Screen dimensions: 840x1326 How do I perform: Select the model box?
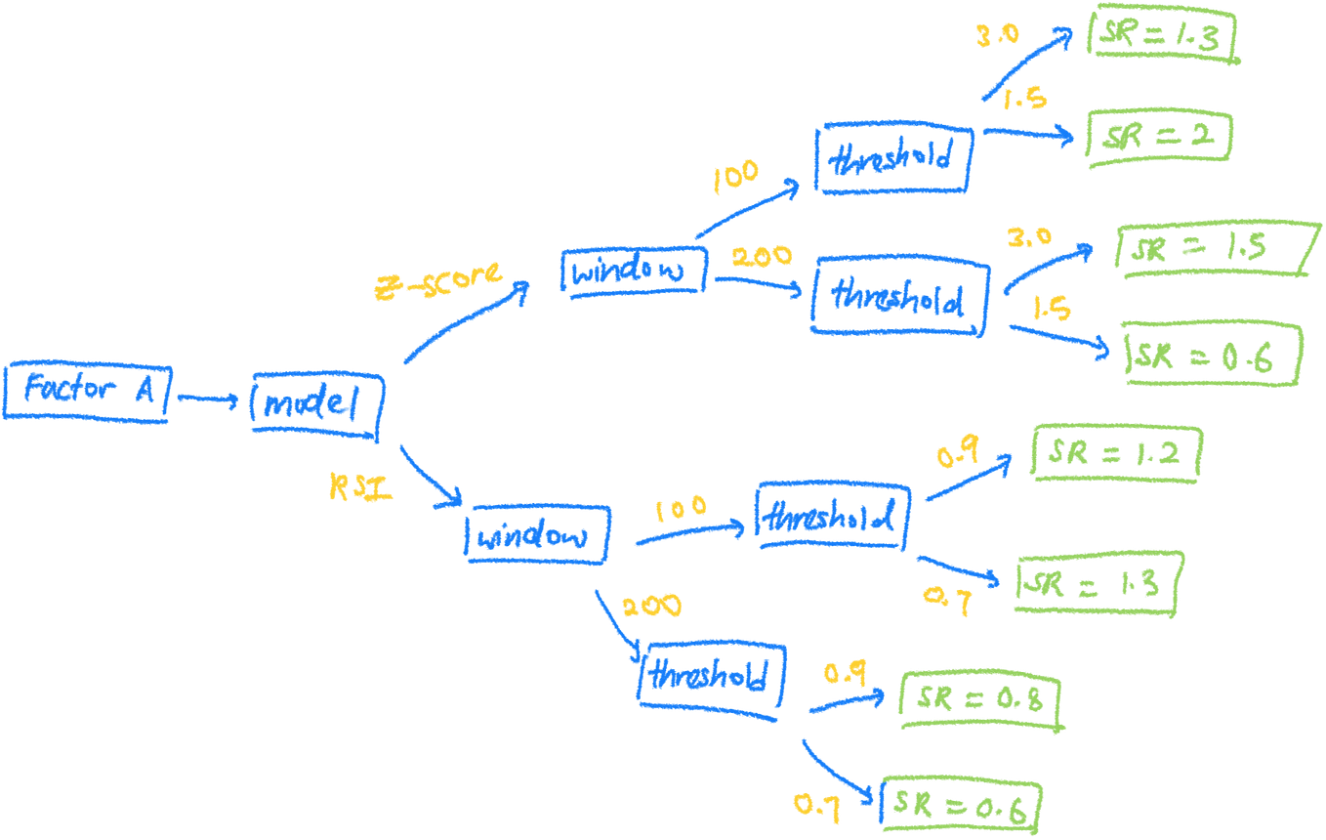318,402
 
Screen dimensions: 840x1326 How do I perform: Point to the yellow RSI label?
359,485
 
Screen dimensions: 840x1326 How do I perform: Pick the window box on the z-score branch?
632,271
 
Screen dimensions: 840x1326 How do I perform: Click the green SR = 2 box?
1160,138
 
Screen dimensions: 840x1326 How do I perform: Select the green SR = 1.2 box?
1116,454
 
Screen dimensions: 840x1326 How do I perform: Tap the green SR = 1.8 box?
1162,36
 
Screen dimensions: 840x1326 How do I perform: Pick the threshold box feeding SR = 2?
892,158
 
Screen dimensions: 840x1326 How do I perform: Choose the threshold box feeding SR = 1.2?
834,516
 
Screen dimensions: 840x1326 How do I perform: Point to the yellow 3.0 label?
997,36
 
